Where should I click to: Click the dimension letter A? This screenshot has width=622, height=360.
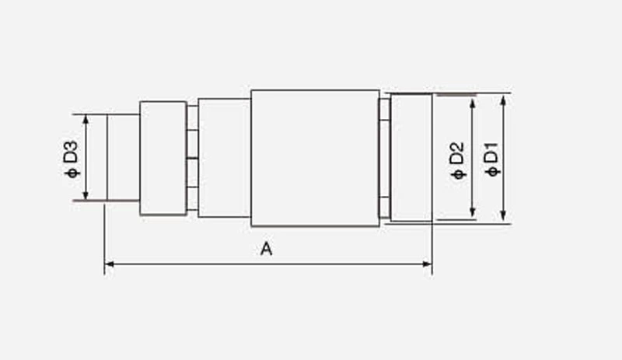coord(267,249)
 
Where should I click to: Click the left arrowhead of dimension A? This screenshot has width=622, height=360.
coord(108,264)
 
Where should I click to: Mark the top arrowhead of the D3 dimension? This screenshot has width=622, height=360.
coord(86,118)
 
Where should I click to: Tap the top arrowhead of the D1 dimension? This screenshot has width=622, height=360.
coord(505,98)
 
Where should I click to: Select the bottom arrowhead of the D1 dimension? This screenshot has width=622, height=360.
coord(505,219)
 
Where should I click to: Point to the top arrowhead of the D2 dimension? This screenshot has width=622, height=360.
coord(472,101)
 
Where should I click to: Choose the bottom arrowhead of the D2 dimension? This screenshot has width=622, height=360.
coord(472,215)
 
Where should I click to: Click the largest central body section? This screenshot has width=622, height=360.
coord(314,158)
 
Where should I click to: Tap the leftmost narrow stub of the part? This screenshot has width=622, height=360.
coord(123,158)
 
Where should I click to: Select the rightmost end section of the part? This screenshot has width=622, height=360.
coord(411,158)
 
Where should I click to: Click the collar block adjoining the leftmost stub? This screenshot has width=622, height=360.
coord(162,158)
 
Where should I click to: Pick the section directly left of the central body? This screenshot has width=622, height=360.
coord(224,158)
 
